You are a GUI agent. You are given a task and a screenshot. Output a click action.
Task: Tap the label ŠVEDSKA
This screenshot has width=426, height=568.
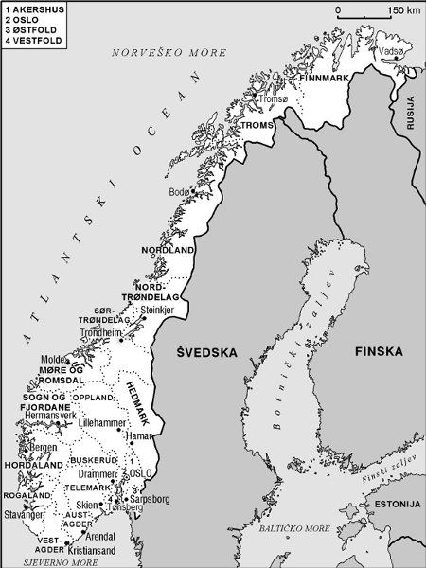205,352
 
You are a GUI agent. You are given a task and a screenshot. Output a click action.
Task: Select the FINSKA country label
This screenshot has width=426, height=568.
379,352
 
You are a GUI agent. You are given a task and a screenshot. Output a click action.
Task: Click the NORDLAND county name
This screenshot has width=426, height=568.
168,250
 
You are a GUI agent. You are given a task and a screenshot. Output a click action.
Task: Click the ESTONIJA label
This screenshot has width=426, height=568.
396,505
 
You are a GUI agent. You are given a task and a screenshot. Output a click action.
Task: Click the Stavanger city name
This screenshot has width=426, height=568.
24,517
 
